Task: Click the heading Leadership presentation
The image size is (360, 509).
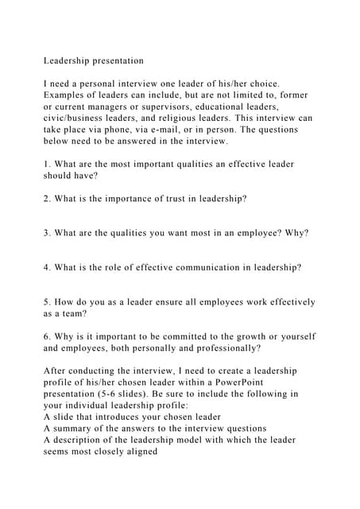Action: (94, 60)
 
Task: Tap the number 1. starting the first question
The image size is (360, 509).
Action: (48, 165)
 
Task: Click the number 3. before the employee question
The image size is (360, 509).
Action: (48, 233)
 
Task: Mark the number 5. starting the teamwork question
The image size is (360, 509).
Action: (48, 302)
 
